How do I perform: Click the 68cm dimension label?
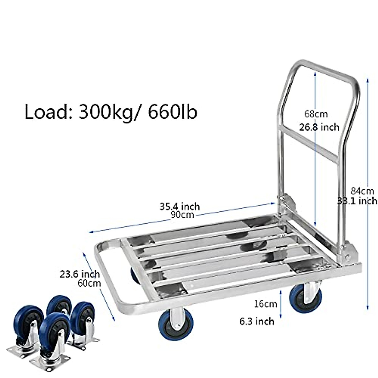(x=316, y=113)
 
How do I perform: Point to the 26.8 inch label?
(x=319, y=127)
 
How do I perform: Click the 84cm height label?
(x=362, y=191)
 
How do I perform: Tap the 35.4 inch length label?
(x=180, y=206)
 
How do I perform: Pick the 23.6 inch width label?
(x=80, y=274)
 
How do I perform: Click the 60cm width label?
(x=89, y=283)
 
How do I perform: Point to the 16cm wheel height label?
(x=266, y=304)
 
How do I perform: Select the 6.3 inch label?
(x=257, y=321)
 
